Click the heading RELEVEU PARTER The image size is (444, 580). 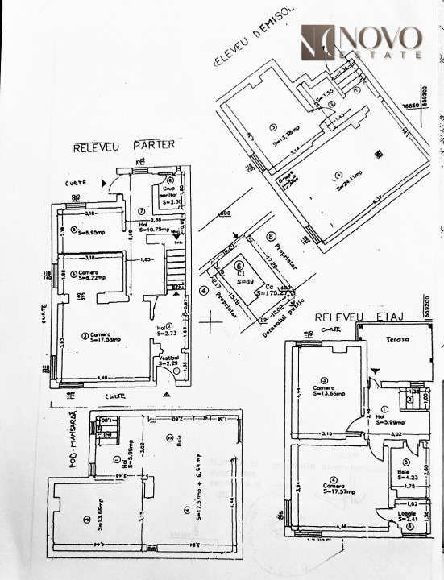(124, 147)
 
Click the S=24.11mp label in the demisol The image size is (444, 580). (346, 173)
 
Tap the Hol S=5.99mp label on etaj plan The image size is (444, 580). (388, 420)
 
